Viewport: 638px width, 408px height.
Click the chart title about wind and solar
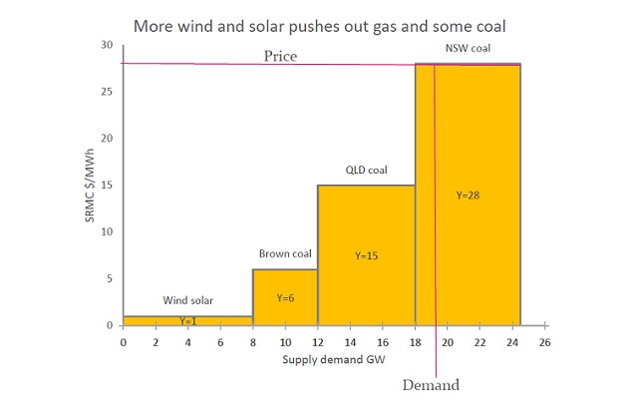tap(318, 22)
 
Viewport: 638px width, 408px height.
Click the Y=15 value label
tap(368, 256)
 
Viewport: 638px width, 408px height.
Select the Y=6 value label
tap(286, 298)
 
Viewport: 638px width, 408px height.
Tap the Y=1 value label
tap(188, 321)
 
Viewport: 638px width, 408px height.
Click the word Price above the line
tap(280, 56)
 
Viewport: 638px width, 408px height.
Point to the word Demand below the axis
tap(430, 385)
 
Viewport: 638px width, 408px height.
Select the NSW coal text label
tap(468, 48)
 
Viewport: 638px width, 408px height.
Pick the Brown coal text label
tap(286, 253)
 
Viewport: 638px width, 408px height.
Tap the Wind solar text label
tap(188, 299)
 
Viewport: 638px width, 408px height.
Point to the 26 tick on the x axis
tap(544, 341)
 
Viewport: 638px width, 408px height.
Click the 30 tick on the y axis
tap(107, 46)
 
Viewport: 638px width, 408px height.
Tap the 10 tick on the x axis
tap(285, 341)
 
